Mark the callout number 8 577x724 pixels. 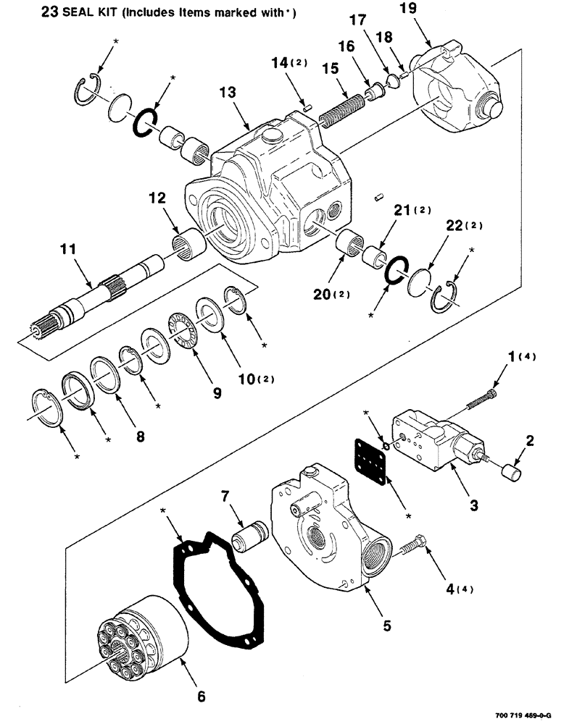click(x=136, y=437)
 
